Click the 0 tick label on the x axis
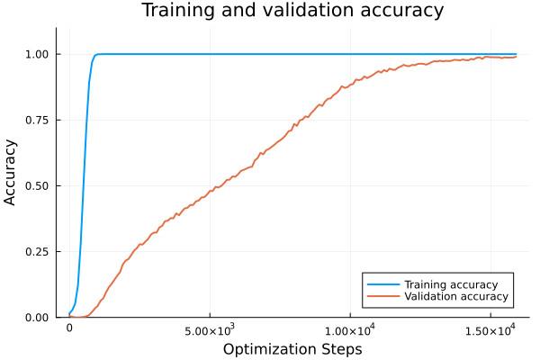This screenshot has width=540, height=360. [69, 329]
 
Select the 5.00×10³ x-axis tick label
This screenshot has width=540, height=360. [210, 330]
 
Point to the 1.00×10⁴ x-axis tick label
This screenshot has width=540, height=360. [349, 330]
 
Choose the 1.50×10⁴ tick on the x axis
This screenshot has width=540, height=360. [490, 330]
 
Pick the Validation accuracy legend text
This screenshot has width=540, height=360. [456, 296]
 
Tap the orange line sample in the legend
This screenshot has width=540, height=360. [383, 296]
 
